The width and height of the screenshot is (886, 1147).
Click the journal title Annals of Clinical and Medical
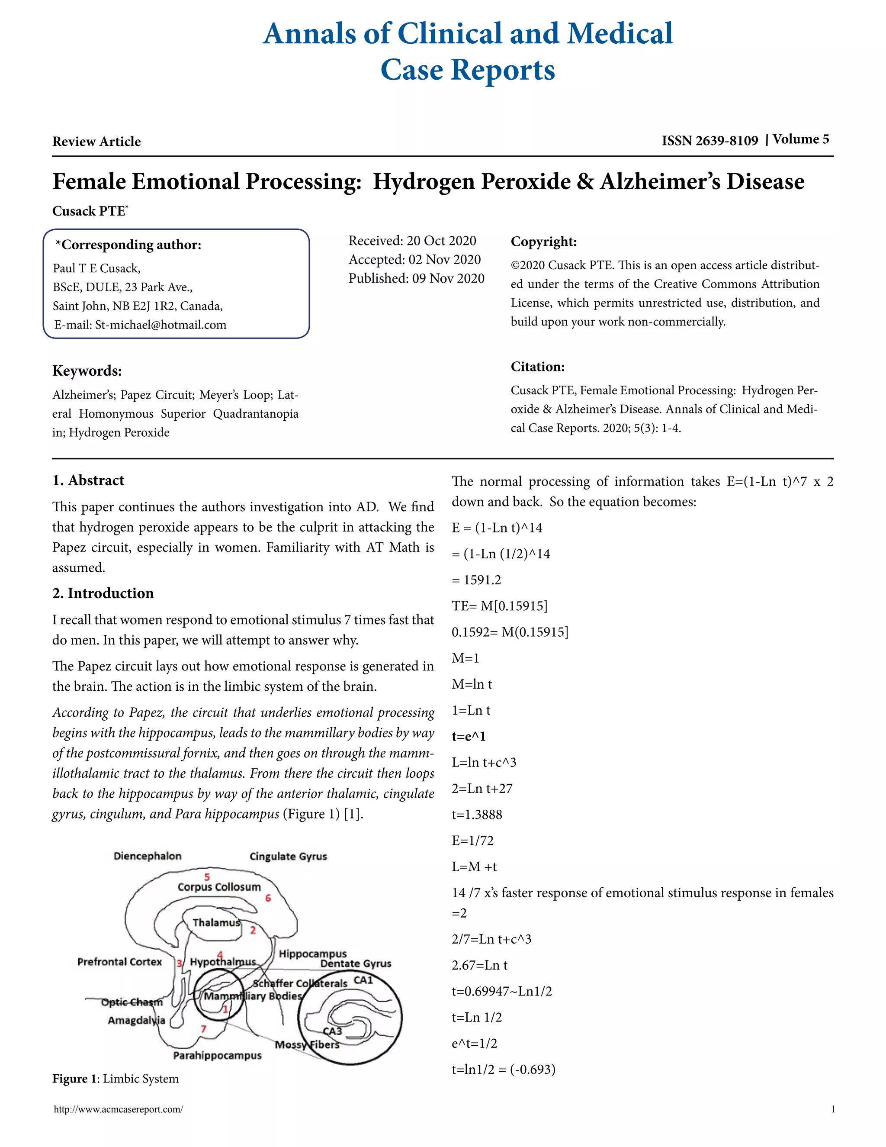point(467,34)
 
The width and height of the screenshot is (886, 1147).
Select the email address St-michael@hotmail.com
point(161,325)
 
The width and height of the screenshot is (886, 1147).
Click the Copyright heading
point(543,242)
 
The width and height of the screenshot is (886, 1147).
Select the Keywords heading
point(87,371)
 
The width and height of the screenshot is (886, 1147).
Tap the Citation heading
point(537,367)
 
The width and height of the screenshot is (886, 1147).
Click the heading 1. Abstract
point(88,480)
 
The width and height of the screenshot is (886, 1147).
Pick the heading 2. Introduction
point(103,593)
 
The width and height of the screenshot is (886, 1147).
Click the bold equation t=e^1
point(469,736)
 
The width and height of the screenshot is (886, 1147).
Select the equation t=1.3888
point(477,815)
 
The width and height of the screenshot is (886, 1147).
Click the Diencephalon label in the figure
point(148,856)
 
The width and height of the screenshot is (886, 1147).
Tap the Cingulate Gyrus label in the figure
point(288,857)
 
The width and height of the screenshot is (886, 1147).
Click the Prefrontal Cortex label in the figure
point(120,962)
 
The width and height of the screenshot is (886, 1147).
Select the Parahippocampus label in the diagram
point(217,1055)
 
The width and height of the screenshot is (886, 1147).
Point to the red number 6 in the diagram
point(268,898)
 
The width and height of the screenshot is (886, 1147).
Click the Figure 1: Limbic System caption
point(116,1079)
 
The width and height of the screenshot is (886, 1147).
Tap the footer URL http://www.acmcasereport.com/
point(119,1110)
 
